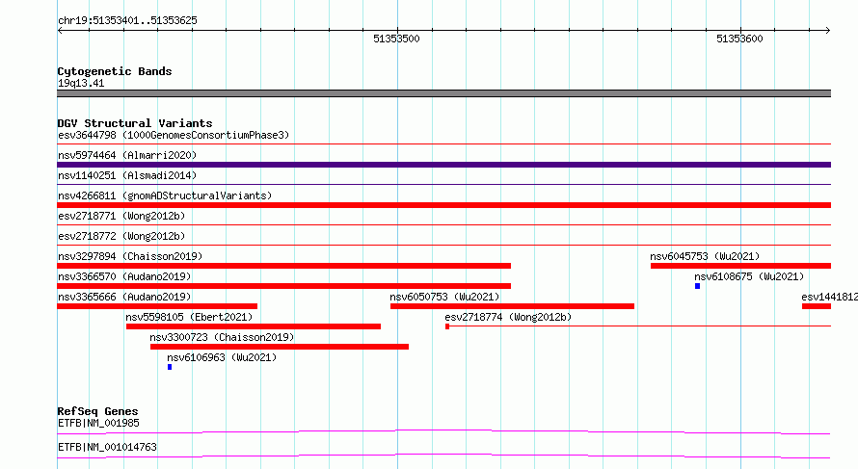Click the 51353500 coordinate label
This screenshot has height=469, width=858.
coord(396,39)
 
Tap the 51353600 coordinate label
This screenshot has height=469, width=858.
coord(739,39)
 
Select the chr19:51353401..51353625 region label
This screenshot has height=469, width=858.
coord(127,21)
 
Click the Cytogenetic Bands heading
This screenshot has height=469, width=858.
coord(115,71)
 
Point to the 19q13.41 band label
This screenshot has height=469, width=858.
coord(81,83)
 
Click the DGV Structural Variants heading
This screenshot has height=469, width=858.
coord(135,123)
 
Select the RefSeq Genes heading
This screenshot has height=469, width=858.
coord(97,411)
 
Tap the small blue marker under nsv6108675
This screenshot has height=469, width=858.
coord(698,286)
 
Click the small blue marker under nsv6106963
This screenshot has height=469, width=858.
coord(170,367)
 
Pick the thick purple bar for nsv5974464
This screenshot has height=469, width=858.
coord(443,165)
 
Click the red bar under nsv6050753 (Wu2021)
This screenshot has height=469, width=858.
coord(512,306)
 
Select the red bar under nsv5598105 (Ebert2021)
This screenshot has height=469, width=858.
coord(254,326)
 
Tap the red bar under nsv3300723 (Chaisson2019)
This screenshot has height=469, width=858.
coord(279,347)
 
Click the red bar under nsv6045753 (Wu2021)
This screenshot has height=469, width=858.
coord(741,266)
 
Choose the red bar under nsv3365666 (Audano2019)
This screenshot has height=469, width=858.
coord(157,306)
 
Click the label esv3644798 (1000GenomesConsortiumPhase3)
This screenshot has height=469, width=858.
coord(174,135)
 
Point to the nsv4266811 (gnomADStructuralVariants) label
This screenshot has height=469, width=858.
coord(165,195)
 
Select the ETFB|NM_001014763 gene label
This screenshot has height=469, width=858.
coord(107,447)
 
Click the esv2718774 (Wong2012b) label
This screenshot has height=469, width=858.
coord(508,317)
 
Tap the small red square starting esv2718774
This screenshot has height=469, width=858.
coord(447,326)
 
